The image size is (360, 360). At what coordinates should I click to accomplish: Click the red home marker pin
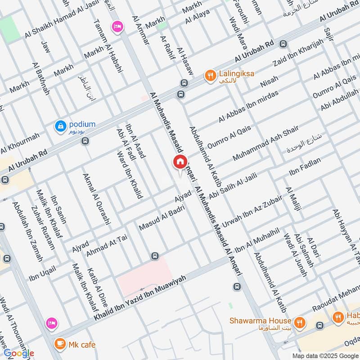click(180, 162)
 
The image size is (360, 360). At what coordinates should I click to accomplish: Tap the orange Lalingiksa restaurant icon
click(209, 76)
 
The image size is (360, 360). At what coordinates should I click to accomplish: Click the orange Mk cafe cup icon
click(59, 344)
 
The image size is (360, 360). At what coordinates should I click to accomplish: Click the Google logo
click(18, 353)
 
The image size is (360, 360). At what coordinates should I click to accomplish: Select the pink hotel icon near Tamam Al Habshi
click(117, 27)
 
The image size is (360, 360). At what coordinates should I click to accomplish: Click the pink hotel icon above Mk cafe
click(52, 323)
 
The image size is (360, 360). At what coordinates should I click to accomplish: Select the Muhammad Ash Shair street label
click(265, 144)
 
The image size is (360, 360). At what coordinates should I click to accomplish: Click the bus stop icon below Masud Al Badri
click(155, 256)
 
